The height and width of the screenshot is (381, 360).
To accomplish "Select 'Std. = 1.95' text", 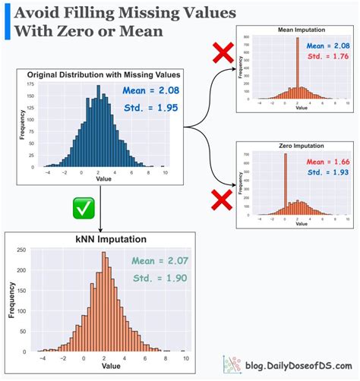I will [x=151, y=108].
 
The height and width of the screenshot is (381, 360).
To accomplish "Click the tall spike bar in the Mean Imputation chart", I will [x=297, y=68].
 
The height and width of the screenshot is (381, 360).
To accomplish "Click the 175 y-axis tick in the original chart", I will [x=30, y=85].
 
